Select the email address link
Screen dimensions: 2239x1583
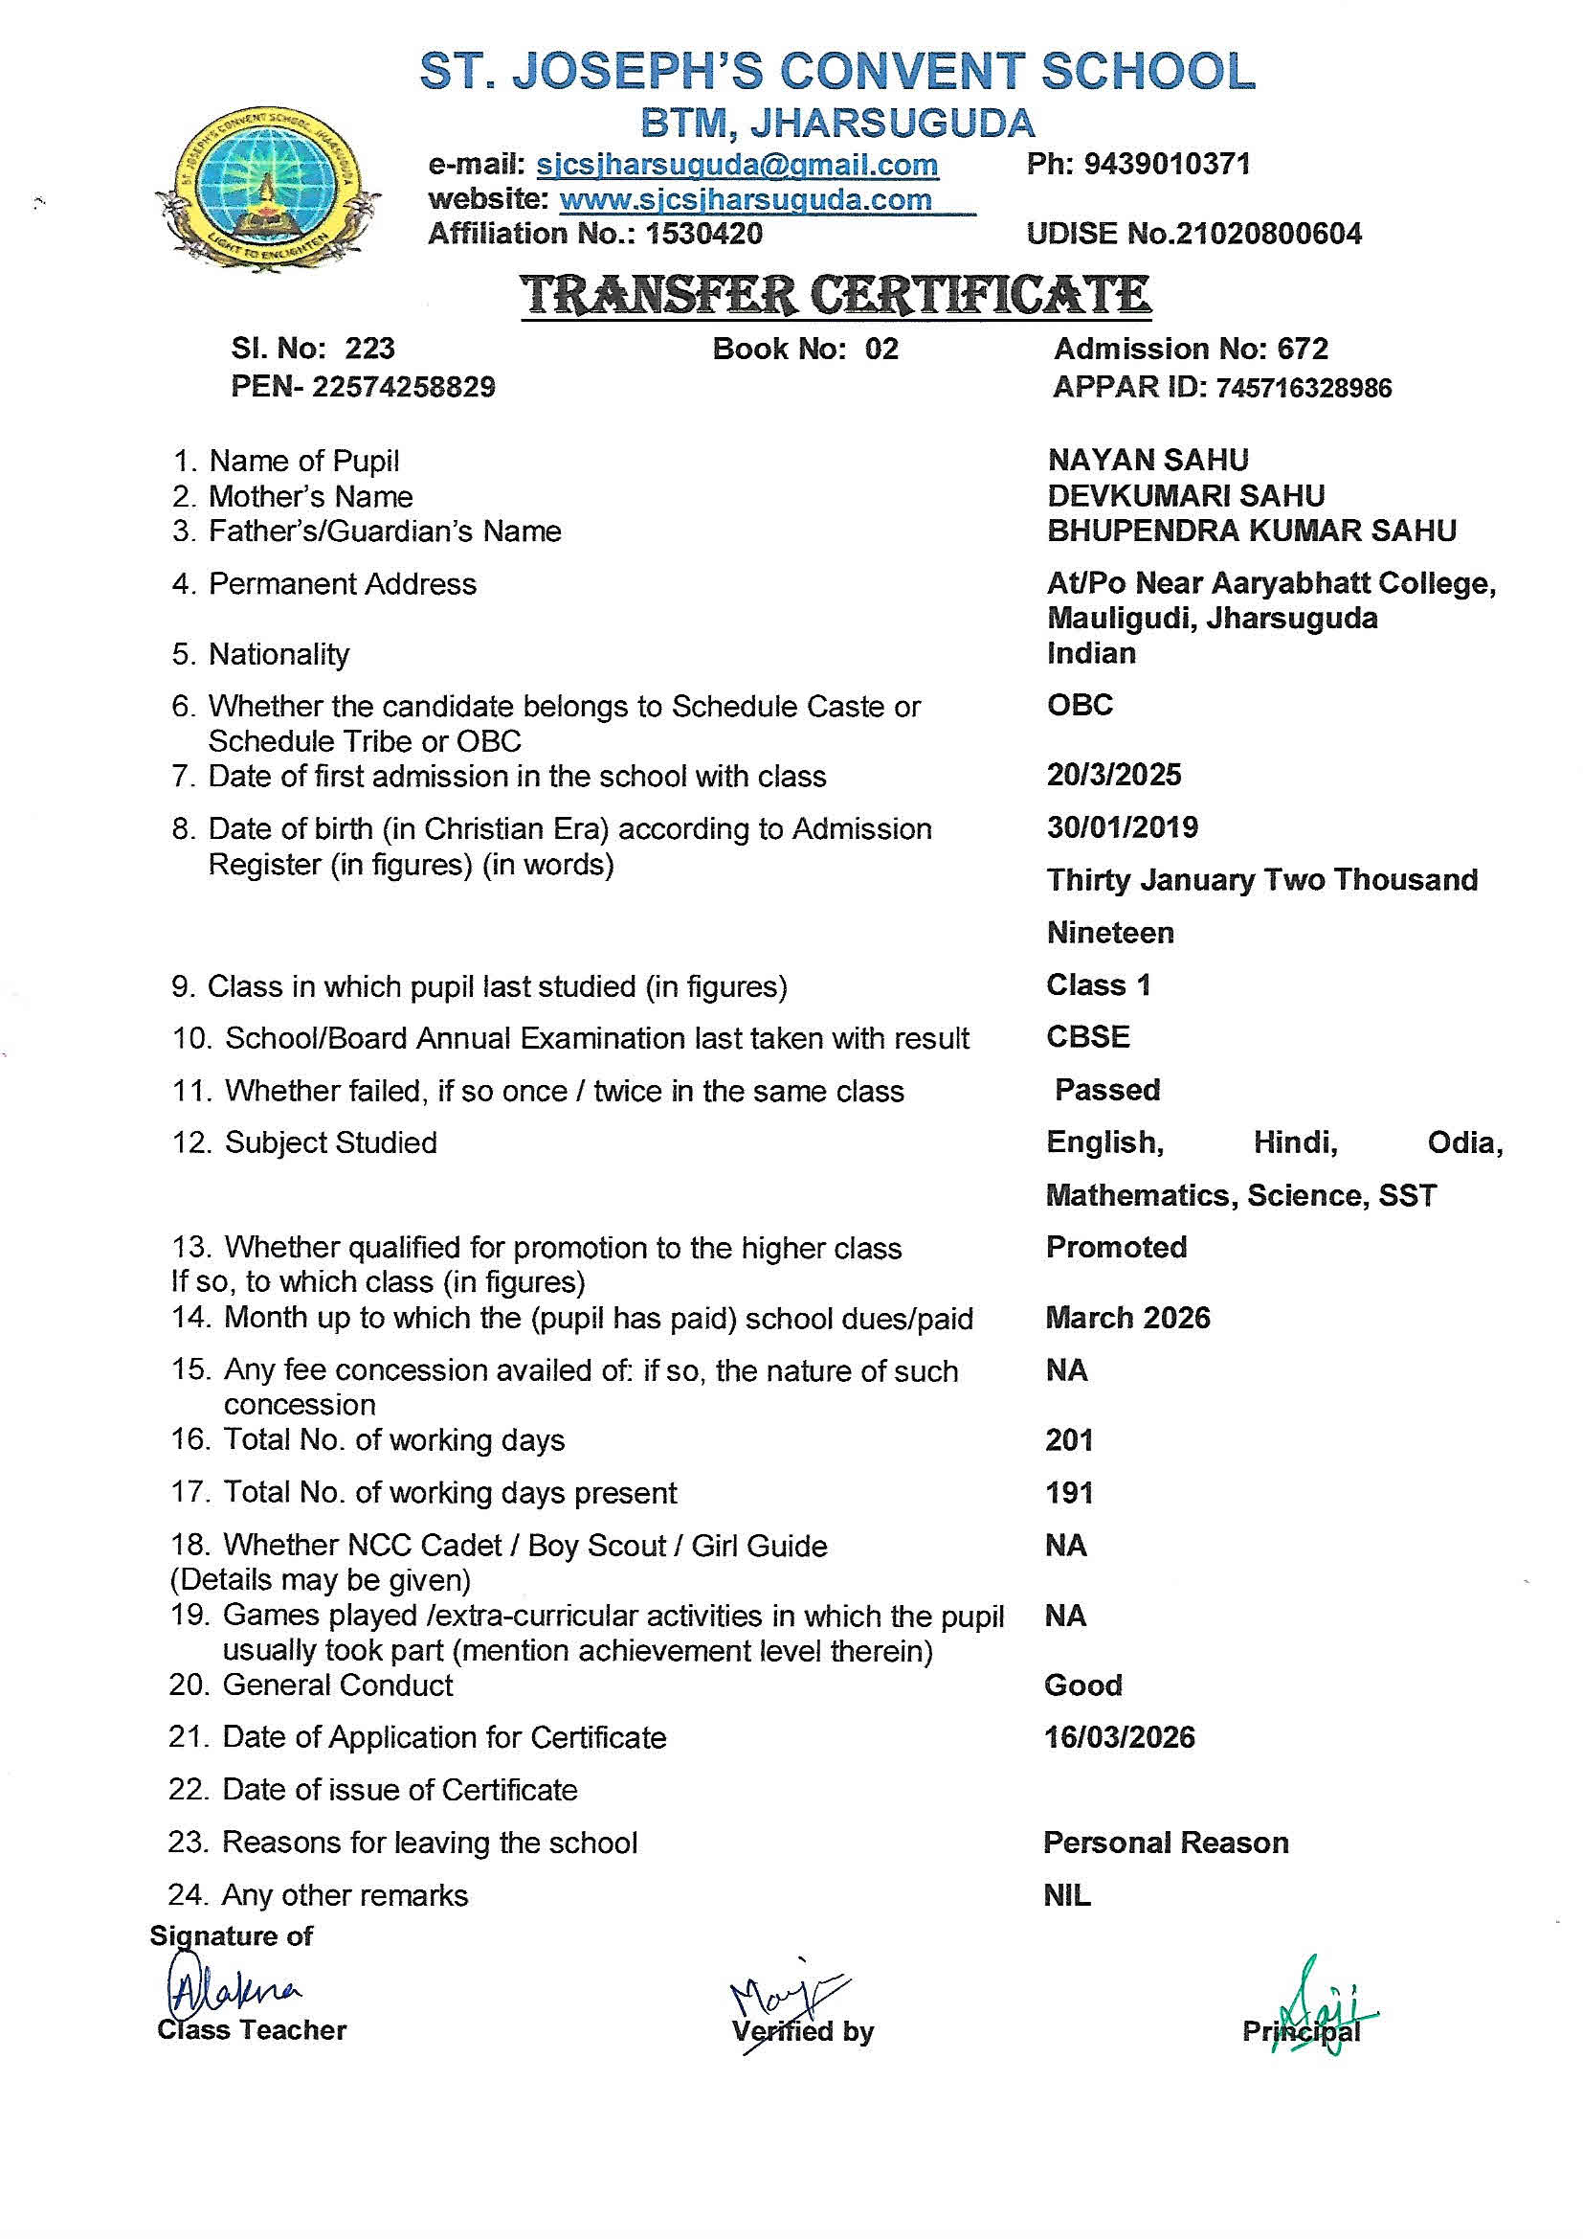click(x=737, y=165)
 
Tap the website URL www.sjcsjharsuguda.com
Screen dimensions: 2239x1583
click(x=746, y=200)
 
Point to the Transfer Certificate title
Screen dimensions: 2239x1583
click(x=836, y=295)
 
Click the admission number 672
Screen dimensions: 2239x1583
click(x=1303, y=349)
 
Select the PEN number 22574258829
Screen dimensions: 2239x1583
click(x=404, y=387)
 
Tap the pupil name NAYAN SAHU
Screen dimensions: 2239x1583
click(x=1148, y=460)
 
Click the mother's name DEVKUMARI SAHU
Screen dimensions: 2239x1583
click(x=1185, y=495)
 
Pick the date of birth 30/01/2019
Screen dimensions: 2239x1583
click(x=1122, y=827)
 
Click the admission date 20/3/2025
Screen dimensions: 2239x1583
click(x=1113, y=776)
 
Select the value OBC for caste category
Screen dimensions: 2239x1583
click(x=1079, y=704)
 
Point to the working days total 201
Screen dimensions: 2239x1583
click(x=1068, y=1439)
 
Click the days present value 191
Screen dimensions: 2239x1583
click(x=1068, y=1492)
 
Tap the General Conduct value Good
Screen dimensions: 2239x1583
click(x=1083, y=1685)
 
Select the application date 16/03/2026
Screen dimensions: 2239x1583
click(x=1119, y=1737)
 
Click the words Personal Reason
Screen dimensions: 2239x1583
click(x=1166, y=1843)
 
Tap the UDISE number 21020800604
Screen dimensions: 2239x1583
click(x=1268, y=233)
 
